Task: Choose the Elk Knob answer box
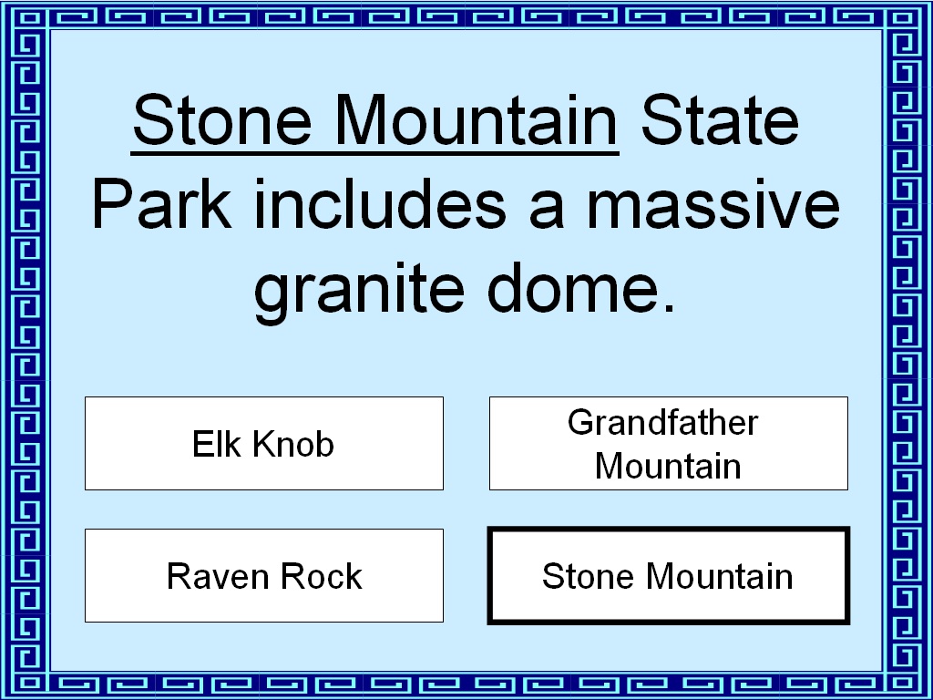264,444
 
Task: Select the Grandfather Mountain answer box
669,444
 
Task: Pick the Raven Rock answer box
264,576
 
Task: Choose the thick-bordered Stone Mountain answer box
669,576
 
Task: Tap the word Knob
293,444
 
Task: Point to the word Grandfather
663,422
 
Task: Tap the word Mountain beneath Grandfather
668,466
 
